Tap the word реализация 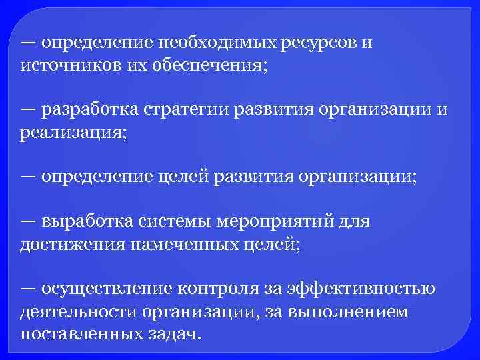(71, 132)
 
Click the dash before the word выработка (28, 221)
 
